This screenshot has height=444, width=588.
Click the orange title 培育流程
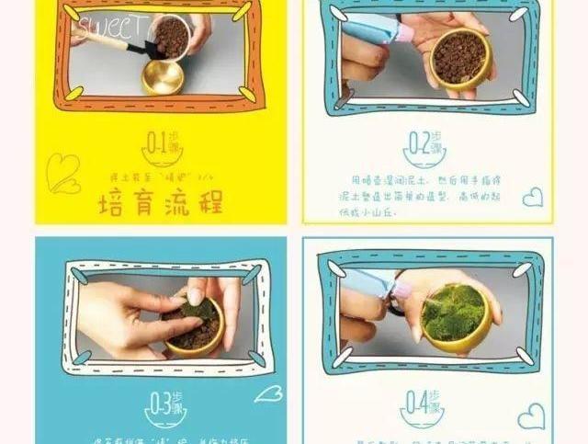coord(160,201)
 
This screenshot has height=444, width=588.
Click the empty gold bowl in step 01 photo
coord(164,77)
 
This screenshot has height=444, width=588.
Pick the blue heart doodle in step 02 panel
coord(532,197)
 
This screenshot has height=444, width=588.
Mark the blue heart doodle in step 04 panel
coord(530,417)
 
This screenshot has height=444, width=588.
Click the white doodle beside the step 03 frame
coord(267,393)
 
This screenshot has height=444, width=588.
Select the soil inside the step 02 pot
coord(458,54)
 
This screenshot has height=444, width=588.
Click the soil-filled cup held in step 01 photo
coord(171,37)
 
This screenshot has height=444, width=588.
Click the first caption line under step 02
coord(423,180)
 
